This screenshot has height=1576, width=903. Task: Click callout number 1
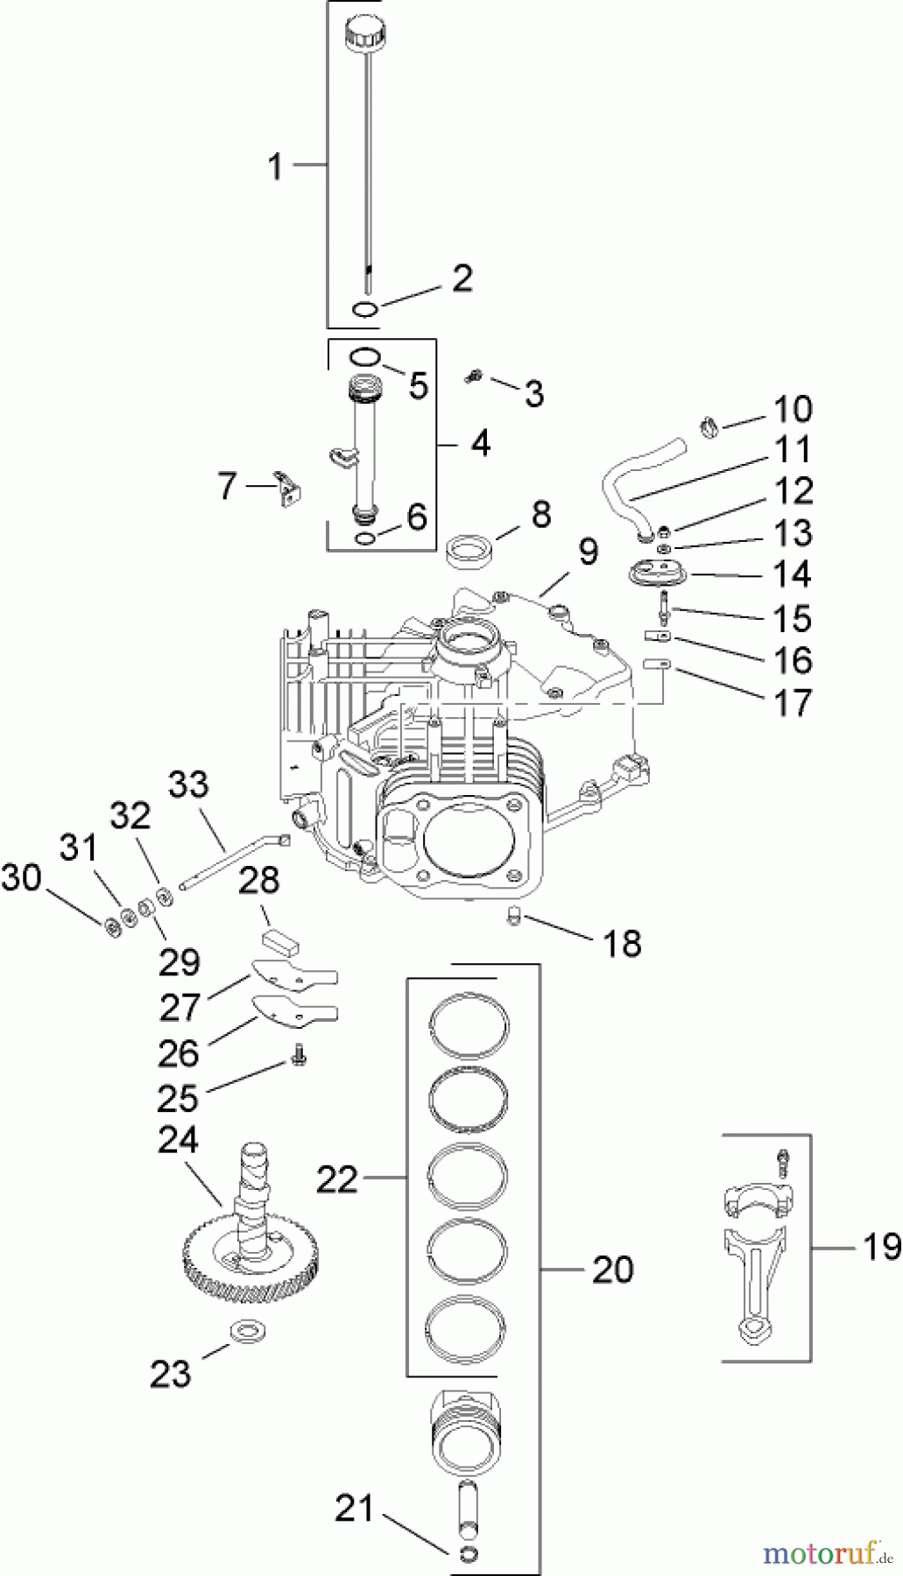(x=276, y=165)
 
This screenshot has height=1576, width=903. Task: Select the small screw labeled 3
(x=474, y=376)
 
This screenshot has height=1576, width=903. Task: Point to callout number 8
(x=540, y=515)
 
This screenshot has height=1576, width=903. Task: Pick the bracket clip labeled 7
(x=286, y=488)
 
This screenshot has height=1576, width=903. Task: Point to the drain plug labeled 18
(x=515, y=917)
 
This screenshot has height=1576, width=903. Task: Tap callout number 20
(x=612, y=1268)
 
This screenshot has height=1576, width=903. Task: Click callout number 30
(x=21, y=877)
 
